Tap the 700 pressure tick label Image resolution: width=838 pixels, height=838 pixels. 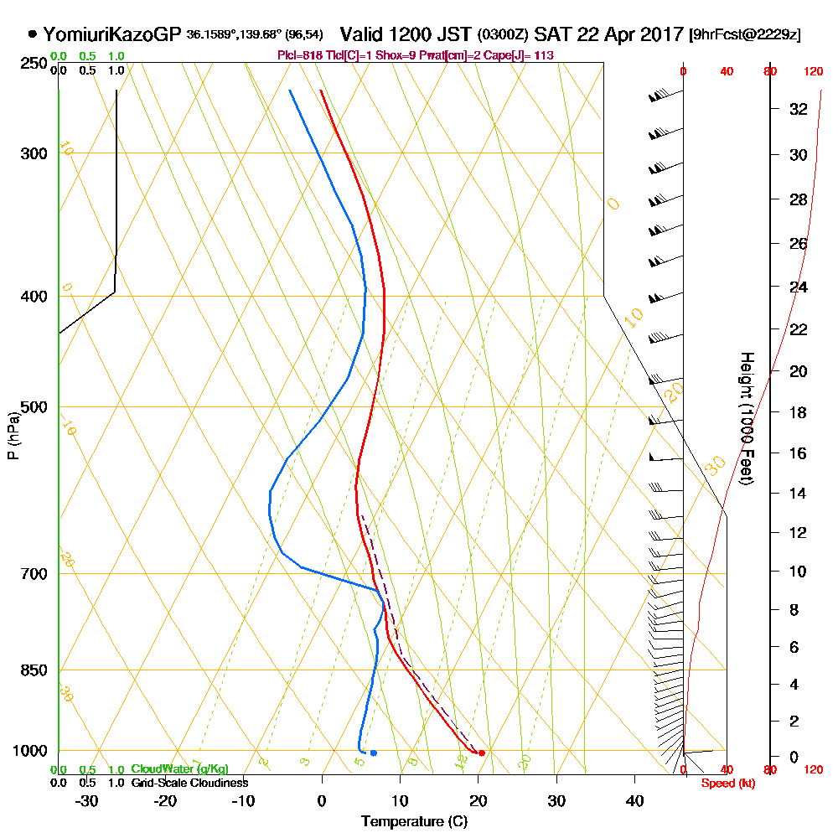pyautogui.click(x=34, y=574)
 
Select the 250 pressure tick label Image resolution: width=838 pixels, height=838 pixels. pyautogui.click(x=34, y=63)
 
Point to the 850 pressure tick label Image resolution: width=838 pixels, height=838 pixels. pyautogui.click(x=34, y=670)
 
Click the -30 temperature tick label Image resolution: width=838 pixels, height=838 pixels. pyautogui.click(x=86, y=800)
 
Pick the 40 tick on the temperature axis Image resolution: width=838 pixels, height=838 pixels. pyautogui.click(x=634, y=800)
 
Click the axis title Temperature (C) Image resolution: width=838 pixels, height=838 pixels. pyautogui.click(x=414, y=821)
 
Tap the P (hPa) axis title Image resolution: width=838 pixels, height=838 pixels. pyautogui.click(x=13, y=435)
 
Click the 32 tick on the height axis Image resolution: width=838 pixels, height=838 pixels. pyautogui.click(x=799, y=108)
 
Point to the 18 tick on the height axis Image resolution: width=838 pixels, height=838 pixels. pyautogui.click(x=799, y=412)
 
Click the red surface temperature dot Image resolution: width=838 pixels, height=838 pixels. pyautogui.click(x=481, y=753)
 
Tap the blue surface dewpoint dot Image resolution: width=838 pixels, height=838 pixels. pyautogui.click(x=373, y=753)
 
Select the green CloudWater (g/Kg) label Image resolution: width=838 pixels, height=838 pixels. pyautogui.click(x=179, y=769)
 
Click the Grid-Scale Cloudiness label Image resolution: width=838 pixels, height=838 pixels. pyautogui.click(x=189, y=783)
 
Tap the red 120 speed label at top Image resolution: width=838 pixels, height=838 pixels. pyautogui.click(x=812, y=71)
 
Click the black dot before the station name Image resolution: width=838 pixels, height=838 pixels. pyautogui.click(x=32, y=34)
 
